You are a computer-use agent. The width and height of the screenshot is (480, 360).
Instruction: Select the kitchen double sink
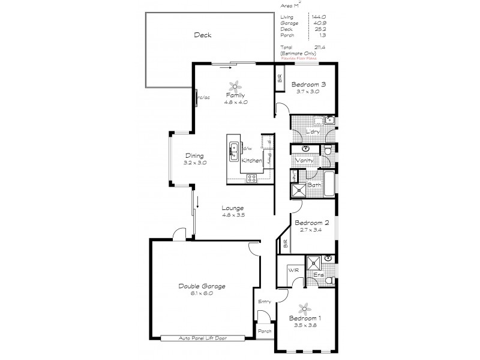[235, 152]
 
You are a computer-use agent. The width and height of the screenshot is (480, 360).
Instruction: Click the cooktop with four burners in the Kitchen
[252, 178]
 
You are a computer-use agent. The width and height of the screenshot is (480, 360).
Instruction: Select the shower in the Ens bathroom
[313, 262]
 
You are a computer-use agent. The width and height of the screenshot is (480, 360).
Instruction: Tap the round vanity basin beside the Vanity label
[305, 148]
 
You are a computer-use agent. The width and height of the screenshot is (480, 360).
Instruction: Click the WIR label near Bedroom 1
[294, 271]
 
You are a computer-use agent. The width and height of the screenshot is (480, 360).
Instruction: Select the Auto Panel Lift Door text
[202, 338]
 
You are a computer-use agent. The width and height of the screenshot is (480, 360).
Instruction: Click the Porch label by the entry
[265, 331]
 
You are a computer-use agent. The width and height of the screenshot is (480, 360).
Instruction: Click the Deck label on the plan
[202, 35]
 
